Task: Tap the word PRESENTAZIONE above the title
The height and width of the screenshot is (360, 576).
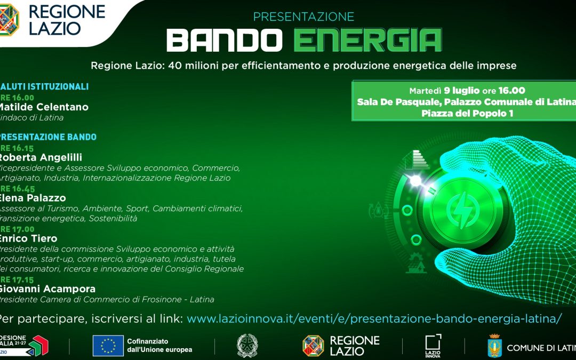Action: click(x=303, y=17)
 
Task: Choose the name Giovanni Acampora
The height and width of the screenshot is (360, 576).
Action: click(x=47, y=289)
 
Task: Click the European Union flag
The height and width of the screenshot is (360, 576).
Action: click(x=108, y=346)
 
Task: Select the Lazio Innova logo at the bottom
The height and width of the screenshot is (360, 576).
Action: click(x=433, y=345)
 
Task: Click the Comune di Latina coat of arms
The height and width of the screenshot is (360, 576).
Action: click(x=494, y=346)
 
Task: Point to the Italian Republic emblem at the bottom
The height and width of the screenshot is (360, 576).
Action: click(x=246, y=346)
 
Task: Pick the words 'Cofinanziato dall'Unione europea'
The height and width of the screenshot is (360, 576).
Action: click(x=159, y=345)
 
